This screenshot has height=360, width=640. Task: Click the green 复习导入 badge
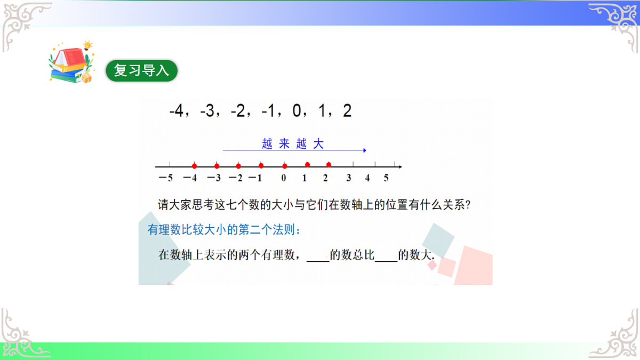point(141,71)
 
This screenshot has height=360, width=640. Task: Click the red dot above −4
point(194,165)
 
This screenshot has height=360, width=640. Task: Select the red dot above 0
point(284,165)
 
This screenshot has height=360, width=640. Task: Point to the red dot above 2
point(329,165)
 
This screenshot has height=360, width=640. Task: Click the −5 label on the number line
point(165,178)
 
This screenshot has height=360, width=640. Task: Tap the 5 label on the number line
point(386,178)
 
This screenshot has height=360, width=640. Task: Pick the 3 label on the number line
point(348,178)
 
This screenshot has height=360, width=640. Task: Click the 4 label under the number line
point(367,178)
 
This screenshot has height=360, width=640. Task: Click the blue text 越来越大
point(293,143)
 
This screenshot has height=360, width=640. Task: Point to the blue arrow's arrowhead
point(364,150)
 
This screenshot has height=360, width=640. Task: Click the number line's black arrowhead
point(400,166)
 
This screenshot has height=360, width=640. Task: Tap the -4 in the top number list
point(176,112)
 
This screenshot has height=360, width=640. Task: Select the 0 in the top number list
point(297,112)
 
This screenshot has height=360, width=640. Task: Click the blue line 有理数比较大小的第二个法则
point(224,231)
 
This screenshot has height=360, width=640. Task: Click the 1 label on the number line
point(305,178)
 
